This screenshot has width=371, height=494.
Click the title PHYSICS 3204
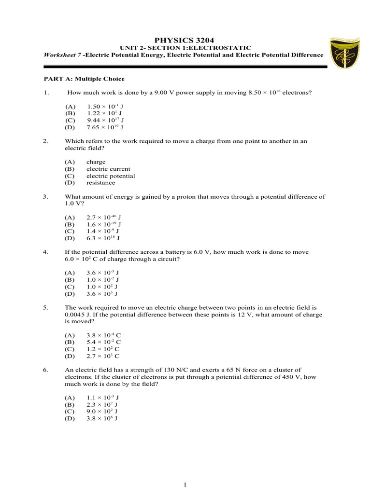(x=184, y=40)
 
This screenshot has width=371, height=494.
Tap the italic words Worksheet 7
(x=62, y=55)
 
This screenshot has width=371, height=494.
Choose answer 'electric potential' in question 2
(x=111, y=176)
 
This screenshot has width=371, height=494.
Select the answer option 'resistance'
(x=100, y=183)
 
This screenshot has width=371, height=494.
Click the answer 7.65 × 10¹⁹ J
(x=106, y=127)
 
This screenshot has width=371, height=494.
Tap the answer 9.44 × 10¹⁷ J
(x=106, y=120)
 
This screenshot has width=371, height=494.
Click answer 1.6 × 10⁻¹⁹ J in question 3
(x=104, y=224)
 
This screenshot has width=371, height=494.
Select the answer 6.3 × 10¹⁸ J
(x=103, y=238)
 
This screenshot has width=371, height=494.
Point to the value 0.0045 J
(x=76, y=315)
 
